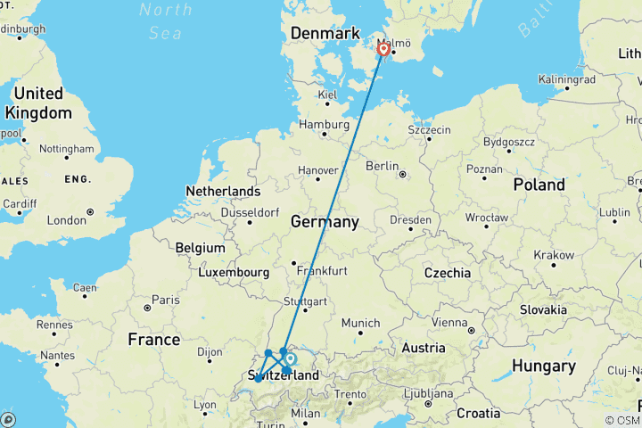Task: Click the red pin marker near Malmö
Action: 383,49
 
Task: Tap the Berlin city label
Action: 382,166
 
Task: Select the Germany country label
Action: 325,221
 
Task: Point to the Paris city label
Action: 164,300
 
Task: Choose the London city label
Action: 66,220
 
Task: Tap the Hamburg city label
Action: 323,124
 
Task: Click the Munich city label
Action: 361,323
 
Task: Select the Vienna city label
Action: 449,322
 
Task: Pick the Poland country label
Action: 539,185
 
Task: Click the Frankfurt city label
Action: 323,269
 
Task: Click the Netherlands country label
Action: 223,191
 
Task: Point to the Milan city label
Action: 305,413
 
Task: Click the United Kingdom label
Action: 38,103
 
